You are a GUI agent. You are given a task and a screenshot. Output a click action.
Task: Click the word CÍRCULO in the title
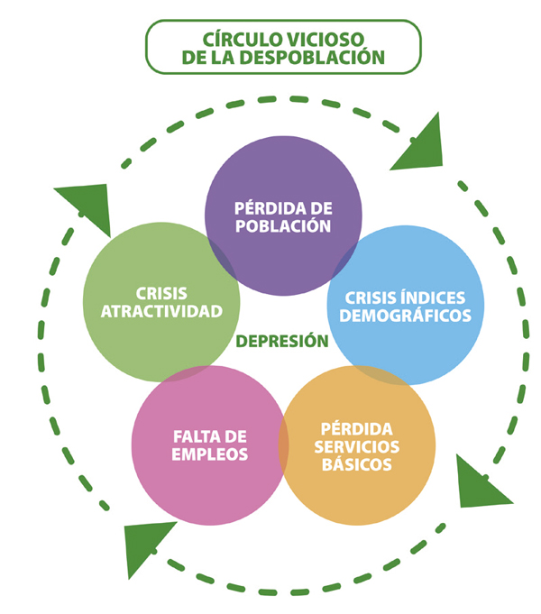(x=243, y=39)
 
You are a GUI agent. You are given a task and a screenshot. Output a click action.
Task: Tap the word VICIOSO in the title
(x=326, y=39)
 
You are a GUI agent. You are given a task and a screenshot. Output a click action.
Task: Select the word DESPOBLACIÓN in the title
(x=312, y=57)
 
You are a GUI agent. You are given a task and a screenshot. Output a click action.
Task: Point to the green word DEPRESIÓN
(x=282, y=341)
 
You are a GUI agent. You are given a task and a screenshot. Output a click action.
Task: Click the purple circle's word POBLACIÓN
(x=283, y=226)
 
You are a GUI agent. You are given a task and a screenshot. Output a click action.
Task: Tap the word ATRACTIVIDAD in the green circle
(x=161, y=311)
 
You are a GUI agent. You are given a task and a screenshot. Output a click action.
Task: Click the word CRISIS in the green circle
(x=161, y=294)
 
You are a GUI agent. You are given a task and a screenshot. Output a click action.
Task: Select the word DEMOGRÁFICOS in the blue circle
(x=405, y=316)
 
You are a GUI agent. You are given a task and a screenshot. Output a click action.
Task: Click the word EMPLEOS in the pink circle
(x=209, y=454)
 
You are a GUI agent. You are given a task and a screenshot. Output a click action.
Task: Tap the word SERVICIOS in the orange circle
(x=356, y=447)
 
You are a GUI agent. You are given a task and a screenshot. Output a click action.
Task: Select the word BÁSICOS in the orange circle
(x=356, y=464)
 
